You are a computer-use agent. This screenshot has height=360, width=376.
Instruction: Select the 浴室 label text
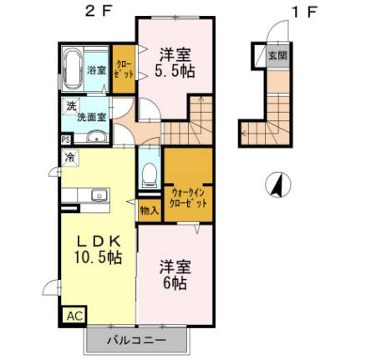(x=97, y=70)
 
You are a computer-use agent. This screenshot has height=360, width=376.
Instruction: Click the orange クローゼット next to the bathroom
(x=123, y=68)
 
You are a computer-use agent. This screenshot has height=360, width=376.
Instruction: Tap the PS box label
(x=65, y=140)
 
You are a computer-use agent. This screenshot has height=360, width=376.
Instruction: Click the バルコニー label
(x=138, y=341)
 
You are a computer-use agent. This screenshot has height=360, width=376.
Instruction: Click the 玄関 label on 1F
(x=275, y=55)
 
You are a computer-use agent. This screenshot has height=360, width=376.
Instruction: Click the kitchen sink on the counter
(x=100, y=195)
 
